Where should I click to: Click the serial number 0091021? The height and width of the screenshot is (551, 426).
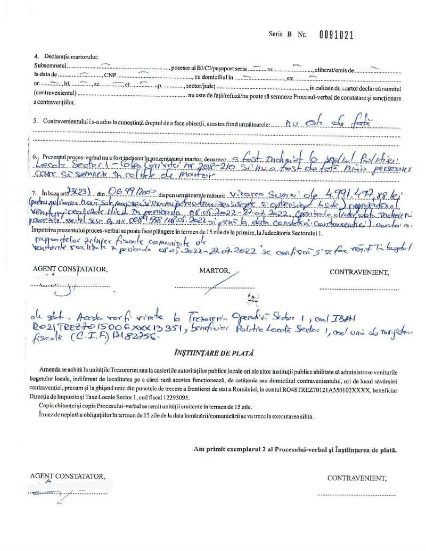click(336, 35)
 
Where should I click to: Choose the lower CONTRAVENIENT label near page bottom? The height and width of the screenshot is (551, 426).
click(357, 478)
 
